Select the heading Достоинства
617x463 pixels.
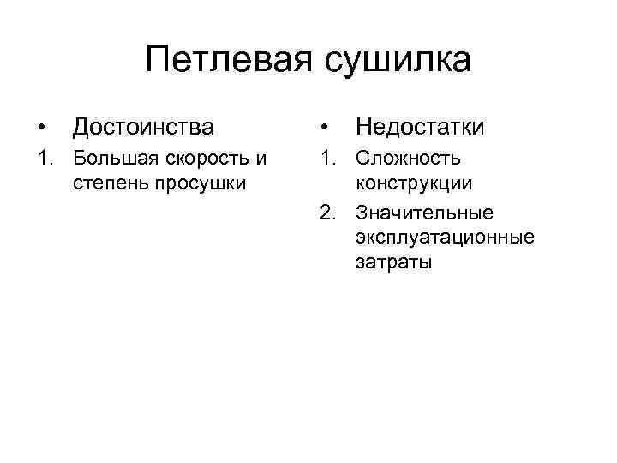click(x=144, y=128)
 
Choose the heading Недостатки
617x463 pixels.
click(x=420, y=128)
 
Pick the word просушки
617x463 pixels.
click(x=197, y=183)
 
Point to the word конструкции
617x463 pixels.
click(x=414, y=183)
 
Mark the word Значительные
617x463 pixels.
click(x=425, y=213)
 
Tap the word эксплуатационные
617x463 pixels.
click(x=445, y=237)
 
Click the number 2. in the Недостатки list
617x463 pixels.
click(x=325, y=213)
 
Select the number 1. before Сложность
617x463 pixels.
click(x=325, y=159)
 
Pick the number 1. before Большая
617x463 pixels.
click(x=43, y=159)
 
